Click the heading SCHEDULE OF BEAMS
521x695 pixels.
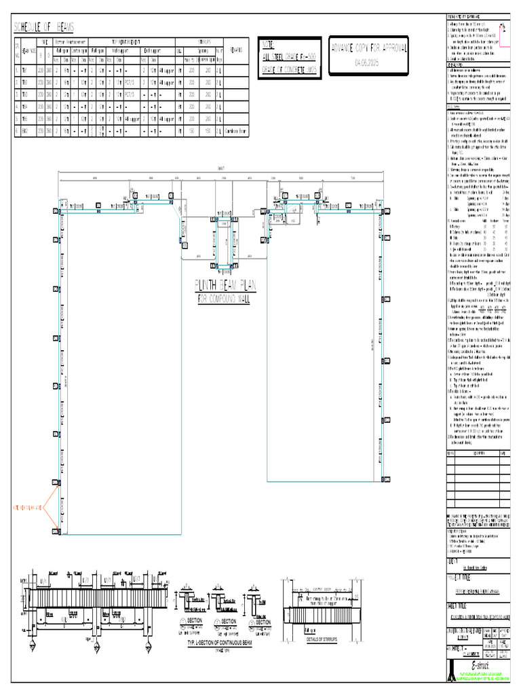pos(44,26)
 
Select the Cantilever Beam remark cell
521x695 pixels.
pos(235,129)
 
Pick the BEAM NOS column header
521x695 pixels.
pos(29,52)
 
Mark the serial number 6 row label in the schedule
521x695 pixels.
pos(17,129)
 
